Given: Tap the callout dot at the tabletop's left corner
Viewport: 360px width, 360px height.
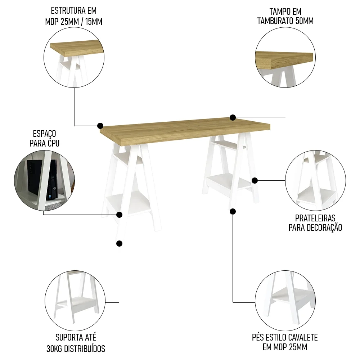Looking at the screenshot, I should click(x=100, y=126).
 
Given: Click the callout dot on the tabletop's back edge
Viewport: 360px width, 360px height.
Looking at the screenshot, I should click(x=233, y=117).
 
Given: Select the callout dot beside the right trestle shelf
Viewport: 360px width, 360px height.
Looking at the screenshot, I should click(x=255, y=180).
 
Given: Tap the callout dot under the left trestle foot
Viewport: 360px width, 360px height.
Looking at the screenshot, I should click(x=120, y=244).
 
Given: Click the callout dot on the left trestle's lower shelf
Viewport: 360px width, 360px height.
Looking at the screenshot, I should click(x=120, y=215).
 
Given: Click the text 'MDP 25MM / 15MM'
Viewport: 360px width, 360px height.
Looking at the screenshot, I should click(x=74, y=22).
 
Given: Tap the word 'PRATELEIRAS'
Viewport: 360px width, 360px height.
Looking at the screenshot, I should click(x=315, y=218).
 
